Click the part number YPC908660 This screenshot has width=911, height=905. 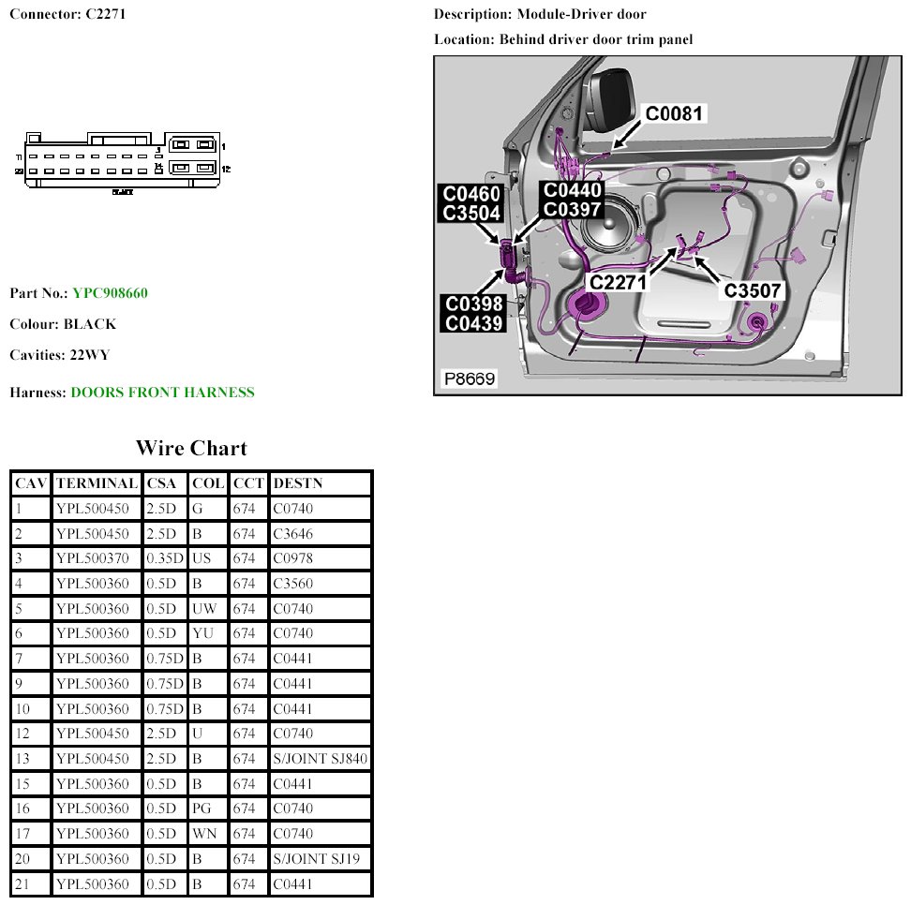tap(110, 293)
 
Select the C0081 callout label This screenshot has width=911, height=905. tap(674, 113)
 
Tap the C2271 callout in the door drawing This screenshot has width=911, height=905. tap(620, 279)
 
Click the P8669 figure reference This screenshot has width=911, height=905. tap(470, 378)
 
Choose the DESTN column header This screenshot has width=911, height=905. tap(296, 483)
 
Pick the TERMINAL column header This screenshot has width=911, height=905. tap(97, 483)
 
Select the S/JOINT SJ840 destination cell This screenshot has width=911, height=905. tap(319, 759)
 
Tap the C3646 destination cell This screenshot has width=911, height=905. tap(292, 534)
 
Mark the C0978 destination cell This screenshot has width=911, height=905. tap(292, 558)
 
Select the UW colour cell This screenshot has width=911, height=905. tap(204, 609)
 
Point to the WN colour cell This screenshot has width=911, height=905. tap(204, 834)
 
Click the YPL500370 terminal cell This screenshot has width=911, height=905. tap(92, 558)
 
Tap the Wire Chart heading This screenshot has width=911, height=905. tap(191, 448)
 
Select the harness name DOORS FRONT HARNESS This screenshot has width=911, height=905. tap(162, 393)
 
